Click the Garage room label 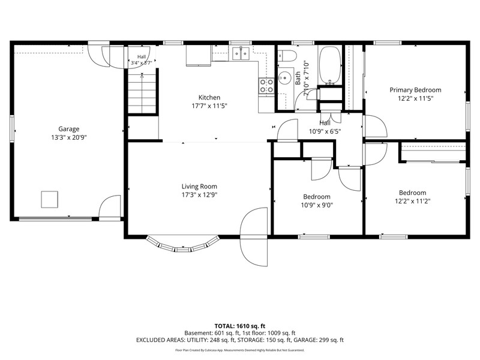coord(69,129)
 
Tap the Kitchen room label coord(209,97)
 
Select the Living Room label coord(199,187)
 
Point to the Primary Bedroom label coord(415,90)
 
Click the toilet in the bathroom coord(287,56)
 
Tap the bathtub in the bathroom coord(330,65)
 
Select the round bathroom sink coord(284,78)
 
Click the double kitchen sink coord(241,53)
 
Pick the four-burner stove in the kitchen coord(266,86)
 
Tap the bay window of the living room coord(183,244)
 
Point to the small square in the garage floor coord(50,200)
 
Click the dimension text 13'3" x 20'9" coord(69,137)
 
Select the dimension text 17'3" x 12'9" coord(199,195)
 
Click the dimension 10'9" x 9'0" coord(317,205)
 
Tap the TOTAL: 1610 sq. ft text coord(239,326)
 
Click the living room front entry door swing coord(254,237)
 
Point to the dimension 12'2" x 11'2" coord(413,201)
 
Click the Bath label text coord(298,79)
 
